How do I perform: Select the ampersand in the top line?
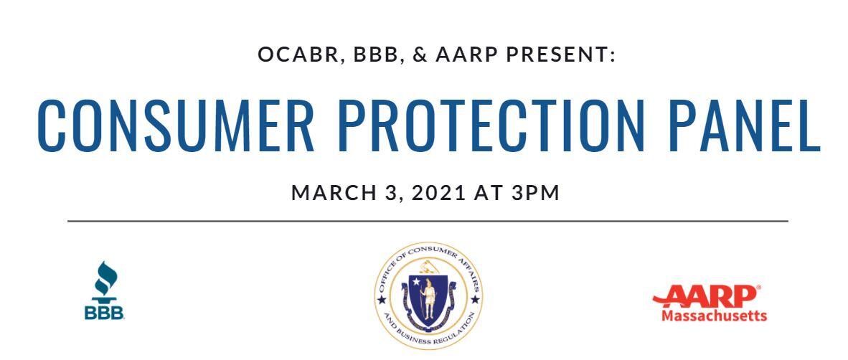tap(420, 55)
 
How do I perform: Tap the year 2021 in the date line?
tap(438, 193)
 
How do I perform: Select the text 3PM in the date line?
tap(535, 193)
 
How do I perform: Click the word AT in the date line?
tap(488, 193)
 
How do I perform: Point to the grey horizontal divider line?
tap(428, 221)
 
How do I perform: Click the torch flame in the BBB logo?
tap(104, 278)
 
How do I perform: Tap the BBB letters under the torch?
tap(104, 313)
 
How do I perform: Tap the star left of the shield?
tap(382, 299)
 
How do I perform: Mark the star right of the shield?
tap(476, 299)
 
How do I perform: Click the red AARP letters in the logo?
tap(706, 295)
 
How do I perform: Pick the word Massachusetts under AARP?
tap(714, 315)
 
